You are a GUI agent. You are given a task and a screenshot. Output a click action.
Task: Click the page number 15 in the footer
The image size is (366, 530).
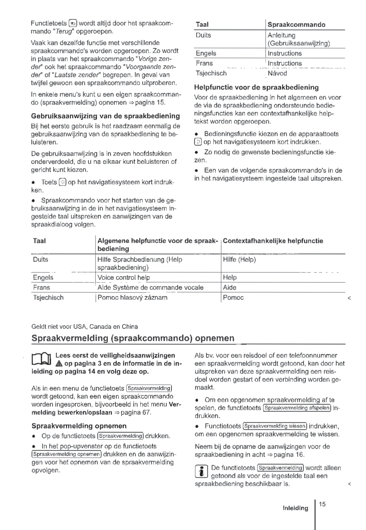pyautogui.click(x=322, y=504)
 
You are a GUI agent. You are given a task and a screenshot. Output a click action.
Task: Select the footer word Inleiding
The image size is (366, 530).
pyautogui.click(x=295, y=508)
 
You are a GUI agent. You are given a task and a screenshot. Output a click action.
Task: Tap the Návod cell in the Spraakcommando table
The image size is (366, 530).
pyautogui.click(x=277, y=73)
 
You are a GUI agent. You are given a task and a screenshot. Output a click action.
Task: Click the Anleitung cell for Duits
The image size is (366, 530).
pyautogui.click(x=281, y=35)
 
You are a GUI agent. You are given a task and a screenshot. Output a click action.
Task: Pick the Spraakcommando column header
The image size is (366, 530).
pyautogui.click(x=296, y=25)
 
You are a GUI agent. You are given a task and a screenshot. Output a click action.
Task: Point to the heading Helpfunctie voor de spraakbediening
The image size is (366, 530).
pyautogui.click(x=256, y=87)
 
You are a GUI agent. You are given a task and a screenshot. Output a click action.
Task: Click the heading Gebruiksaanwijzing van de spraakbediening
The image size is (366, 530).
pyautogui.click(x=105, y=116)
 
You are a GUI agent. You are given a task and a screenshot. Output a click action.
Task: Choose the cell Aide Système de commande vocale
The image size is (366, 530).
pyautogui.click(x=150, y=287)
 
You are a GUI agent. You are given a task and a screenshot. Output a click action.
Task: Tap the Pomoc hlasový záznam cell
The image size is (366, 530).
pyautogui.click(x=132, y=297)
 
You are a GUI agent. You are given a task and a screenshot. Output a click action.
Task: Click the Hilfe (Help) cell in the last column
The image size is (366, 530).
pyautogui.click(x=239, y=260)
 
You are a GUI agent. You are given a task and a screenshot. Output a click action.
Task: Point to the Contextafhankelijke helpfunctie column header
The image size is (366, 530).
pyautogui.click(x=273, y=241)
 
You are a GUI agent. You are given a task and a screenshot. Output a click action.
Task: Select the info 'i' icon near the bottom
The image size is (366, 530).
pyautogui.click(x=201, y=471)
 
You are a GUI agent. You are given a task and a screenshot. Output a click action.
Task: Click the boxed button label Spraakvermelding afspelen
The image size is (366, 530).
pyautogui.click(x=297, y=408)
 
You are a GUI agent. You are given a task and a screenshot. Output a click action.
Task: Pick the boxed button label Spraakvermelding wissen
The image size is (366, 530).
pyautogui.click(x=275, y=426)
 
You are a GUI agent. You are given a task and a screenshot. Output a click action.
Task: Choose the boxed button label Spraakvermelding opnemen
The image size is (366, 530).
pyautogui.click(x=67, y=454)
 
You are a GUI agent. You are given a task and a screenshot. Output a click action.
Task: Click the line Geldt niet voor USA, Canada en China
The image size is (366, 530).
pyautogui.click(x=85, y=327)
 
